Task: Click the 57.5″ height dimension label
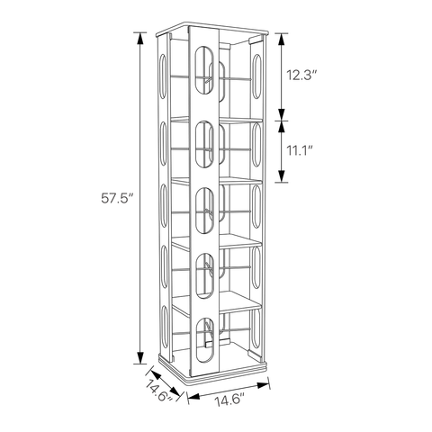point(117,199)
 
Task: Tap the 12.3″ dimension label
point(301,76)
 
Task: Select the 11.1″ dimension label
point(300,150)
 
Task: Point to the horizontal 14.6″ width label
point(230,400)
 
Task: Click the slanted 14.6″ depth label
point(160,390)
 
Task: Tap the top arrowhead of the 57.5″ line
point(139,38)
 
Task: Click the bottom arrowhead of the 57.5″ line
point(139,357)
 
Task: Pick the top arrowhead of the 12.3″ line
point(282,40)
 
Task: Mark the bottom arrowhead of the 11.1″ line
point(282,176)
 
